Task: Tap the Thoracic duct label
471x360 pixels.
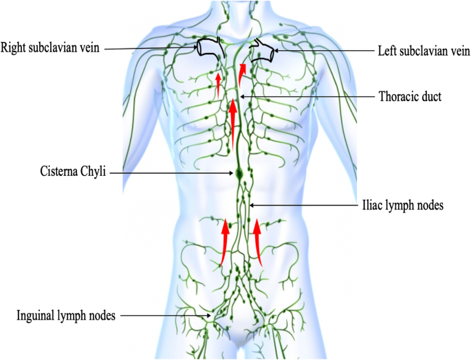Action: [x=409, y=97]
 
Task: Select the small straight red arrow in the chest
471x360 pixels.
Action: [x=218, y=84]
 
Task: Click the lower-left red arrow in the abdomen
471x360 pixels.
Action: [x=224, y=240]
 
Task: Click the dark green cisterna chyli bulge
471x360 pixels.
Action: [x=238, y=174]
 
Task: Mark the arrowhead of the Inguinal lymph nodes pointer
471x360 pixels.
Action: [x=212, y=316]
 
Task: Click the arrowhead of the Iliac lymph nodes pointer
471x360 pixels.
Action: [x=251, y=205]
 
